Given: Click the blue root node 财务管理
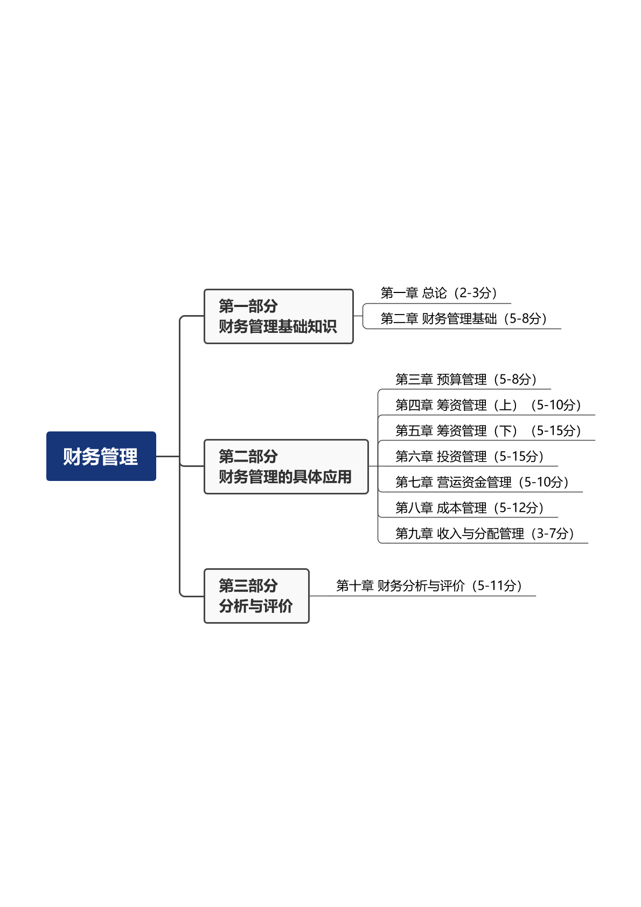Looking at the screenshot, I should pos(101,456).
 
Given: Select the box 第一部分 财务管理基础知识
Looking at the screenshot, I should pos(278,316).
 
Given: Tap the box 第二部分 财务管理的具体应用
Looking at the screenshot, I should pos(286,466).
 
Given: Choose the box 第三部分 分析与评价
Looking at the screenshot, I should pos(256,596).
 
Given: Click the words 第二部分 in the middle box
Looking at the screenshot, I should pos(248,457).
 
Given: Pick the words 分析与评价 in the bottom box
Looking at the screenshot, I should pos(256,606).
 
